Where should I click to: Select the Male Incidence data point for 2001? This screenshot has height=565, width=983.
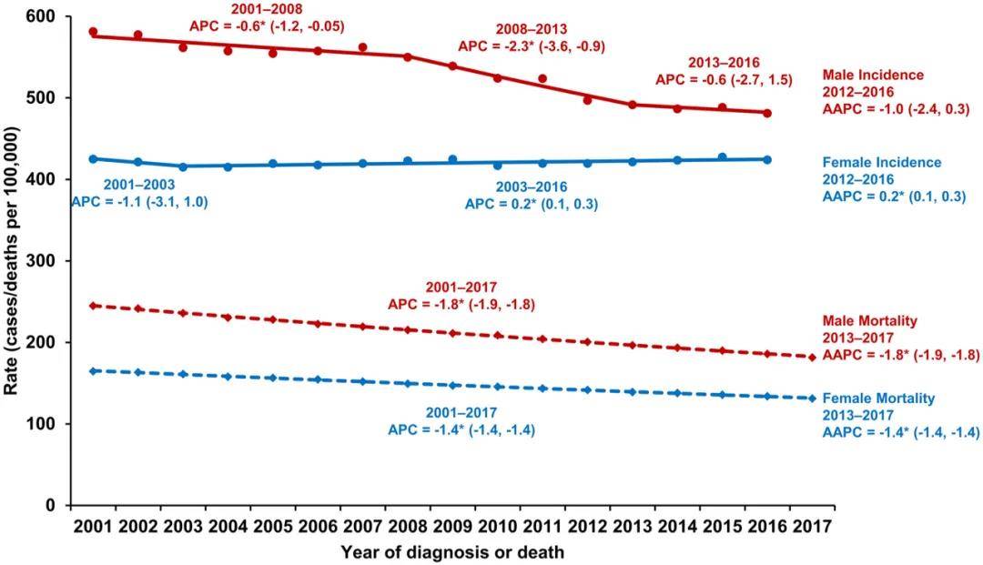(x=93, y=32)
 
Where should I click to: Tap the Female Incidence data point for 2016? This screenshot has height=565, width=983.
(x=767, y=159)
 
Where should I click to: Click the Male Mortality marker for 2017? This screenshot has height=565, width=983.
(x=812, y=357)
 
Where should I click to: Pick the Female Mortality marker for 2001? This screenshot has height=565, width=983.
(x=93, y=370)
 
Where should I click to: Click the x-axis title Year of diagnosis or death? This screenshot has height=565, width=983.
(x=452, y=551)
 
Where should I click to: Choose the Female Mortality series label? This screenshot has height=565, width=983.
(x=878, y=399)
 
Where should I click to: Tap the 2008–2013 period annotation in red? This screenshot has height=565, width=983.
(x=531, y=29)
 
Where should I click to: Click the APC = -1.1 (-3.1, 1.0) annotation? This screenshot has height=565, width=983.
(x=140, y=202)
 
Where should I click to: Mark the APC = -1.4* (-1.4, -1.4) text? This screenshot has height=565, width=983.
(x=461, y=429)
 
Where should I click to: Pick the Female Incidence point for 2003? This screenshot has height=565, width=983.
(x=183, y=166)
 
